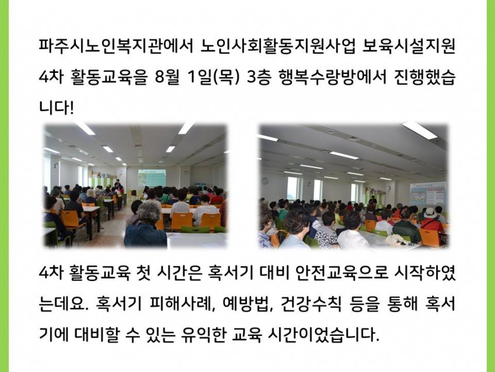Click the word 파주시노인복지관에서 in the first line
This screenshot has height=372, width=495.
115,47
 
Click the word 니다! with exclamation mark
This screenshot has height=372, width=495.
56,108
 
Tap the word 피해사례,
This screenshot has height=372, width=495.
181,304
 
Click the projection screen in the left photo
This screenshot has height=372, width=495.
152,178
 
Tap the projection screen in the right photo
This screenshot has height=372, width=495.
429,194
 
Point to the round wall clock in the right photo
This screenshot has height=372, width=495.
265,181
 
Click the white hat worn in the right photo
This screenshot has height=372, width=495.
430,213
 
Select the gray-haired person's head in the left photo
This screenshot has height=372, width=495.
148,212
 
